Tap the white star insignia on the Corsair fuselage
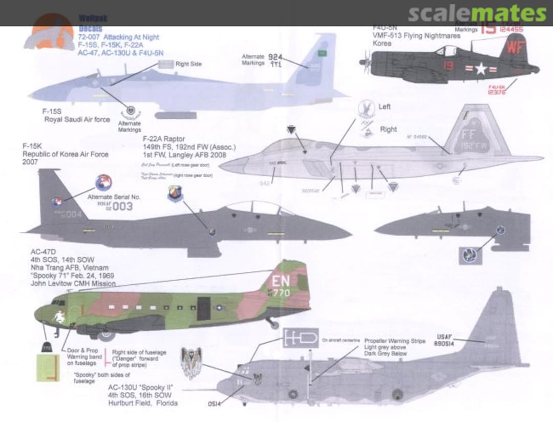coord(480,69)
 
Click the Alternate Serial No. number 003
coord(122,206)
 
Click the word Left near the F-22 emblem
coord(384,107)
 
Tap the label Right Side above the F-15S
coord(188,64)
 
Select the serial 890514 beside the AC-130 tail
coord(443,344)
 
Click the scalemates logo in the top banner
coord(477,14)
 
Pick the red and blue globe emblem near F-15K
coord(103,183)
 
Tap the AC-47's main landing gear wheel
coord(106,335)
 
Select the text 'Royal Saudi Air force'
coord(77,119)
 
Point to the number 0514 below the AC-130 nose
coord(215,404)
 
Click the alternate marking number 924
coord(275,58)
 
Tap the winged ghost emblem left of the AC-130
coord(192,362)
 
